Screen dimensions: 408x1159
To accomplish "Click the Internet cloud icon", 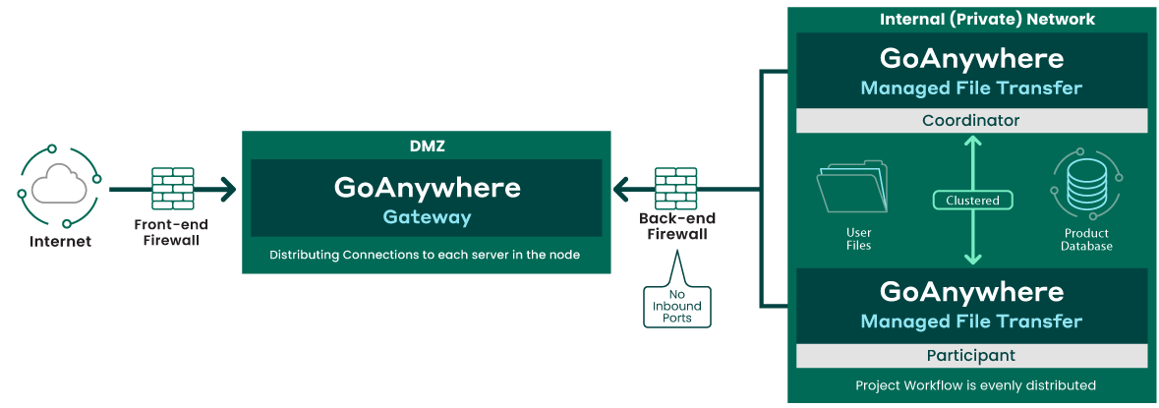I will (58, 186).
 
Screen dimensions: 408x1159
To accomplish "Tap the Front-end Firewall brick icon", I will (172, 187).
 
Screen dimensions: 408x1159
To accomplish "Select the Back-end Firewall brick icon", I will (676, 186).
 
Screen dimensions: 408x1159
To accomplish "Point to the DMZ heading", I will (426, 146).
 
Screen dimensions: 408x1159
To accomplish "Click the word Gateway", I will (427, 217).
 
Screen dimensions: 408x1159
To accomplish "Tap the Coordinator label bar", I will (971, 121).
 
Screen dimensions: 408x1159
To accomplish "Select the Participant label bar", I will (971, 355).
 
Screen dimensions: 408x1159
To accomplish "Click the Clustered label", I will (972, 201).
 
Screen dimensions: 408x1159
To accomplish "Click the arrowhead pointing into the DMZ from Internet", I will (228, 187).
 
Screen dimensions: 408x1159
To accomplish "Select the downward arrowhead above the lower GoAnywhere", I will (972, 258).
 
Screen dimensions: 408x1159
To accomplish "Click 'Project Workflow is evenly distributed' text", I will (975, 384).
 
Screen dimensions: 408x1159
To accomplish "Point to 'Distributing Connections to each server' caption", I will (425, 256).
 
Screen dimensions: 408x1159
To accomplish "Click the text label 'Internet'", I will (60, 241).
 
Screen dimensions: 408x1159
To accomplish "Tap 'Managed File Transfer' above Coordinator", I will (971, 88).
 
